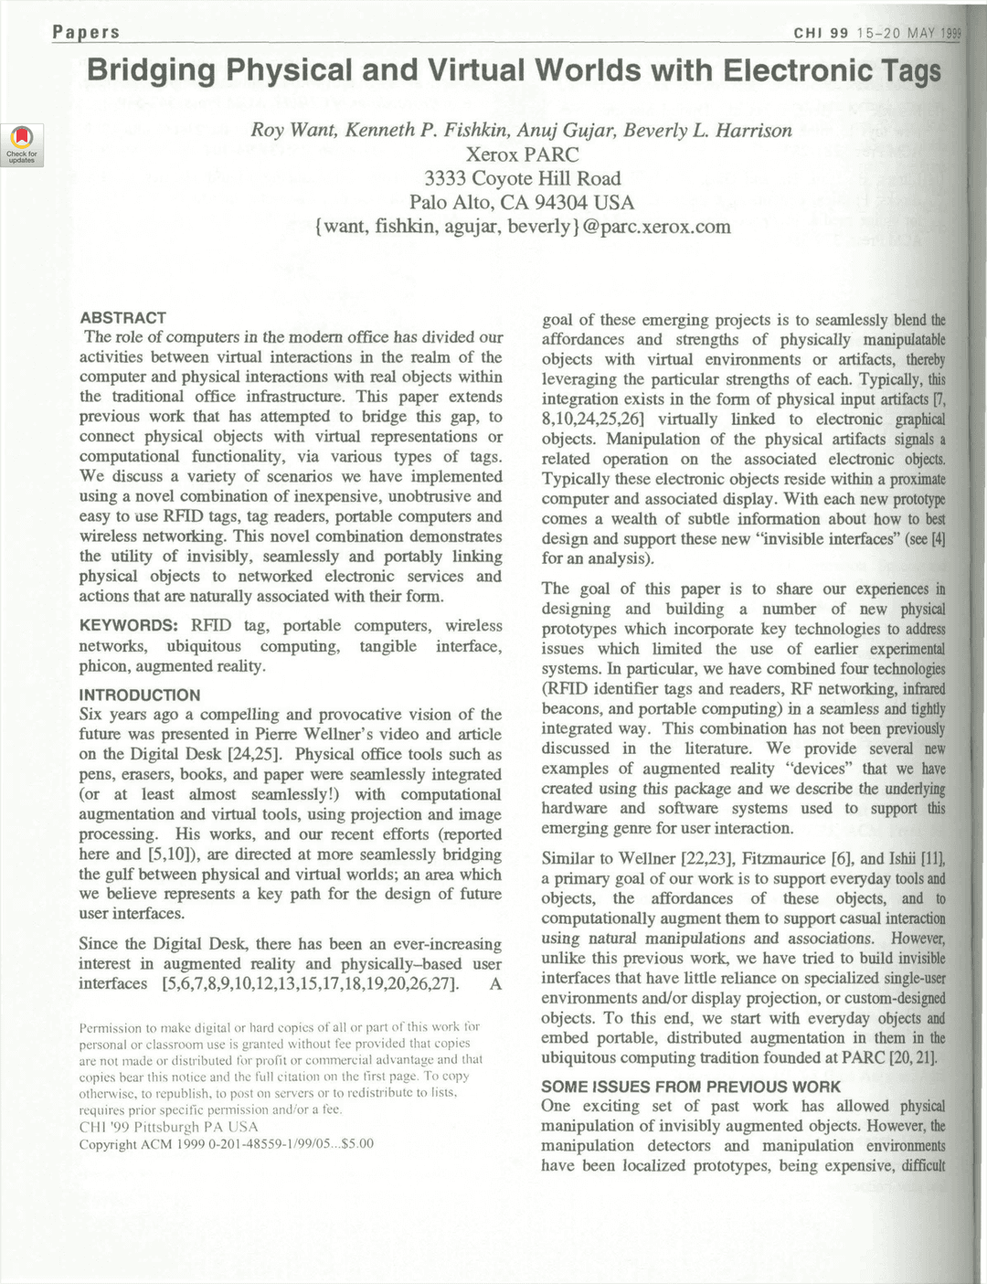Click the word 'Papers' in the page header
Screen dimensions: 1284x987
(x=86, y=32)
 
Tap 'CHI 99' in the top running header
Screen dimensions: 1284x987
(x=821, y=34)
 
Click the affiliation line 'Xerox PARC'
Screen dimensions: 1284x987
(x=522, y=154)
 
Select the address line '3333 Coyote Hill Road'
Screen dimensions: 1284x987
(x=522, y=178)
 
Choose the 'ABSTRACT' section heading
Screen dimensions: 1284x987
(x=123, y=318)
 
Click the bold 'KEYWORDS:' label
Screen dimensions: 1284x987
(x=129, y=626)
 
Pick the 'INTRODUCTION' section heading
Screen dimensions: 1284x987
(x=140, y=695)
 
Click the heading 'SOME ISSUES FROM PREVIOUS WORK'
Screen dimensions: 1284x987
(x=690, y=1087)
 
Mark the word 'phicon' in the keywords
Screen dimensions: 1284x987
(x=103, y=666)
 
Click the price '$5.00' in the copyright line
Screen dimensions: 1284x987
(x=356, y=1144)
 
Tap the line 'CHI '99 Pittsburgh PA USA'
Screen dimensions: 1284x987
(x=168, y=1127)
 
